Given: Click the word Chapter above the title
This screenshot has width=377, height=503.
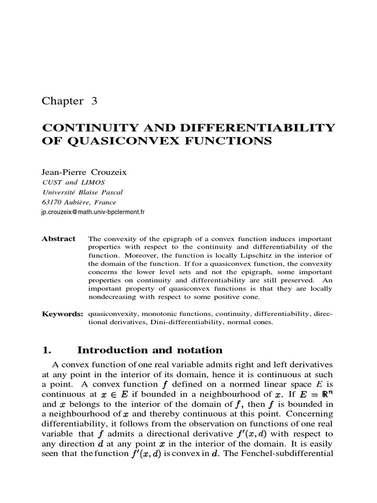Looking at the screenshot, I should [63, 101].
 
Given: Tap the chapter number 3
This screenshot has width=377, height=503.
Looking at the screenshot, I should [94, 101].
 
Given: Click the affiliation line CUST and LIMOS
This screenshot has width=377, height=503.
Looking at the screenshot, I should [73, 182].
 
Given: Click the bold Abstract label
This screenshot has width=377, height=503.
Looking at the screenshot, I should [58, 239].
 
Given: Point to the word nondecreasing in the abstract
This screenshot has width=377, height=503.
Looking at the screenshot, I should [113, 297].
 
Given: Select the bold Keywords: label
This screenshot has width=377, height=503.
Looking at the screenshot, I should [62, 314].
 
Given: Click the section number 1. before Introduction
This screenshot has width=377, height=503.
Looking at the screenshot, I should [47, 350].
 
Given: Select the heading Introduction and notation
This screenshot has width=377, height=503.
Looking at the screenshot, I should [150, 350].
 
